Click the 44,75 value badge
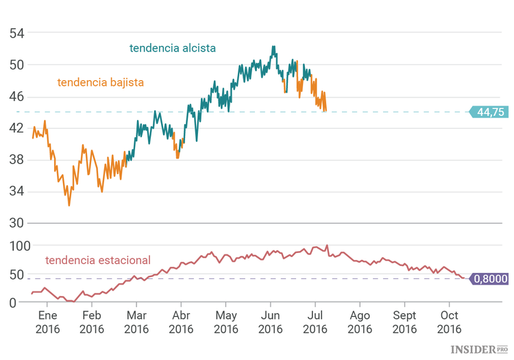[489, 112]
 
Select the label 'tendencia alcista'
[173, 48]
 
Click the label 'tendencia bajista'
[100, 82]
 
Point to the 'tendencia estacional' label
[97, 260]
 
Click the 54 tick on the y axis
[16, 33]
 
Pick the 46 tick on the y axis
[16, 97]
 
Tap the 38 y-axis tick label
[16, 160]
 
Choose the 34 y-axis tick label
[16, 191]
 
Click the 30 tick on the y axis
[16, 223]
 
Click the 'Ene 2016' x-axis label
[47, 322]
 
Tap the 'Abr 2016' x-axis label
[181, 322]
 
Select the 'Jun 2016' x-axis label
[271, 322]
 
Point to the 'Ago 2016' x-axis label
[360, 322]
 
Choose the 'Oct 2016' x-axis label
[450, 322]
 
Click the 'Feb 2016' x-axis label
[92, 322]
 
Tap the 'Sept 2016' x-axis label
[404, 322]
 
